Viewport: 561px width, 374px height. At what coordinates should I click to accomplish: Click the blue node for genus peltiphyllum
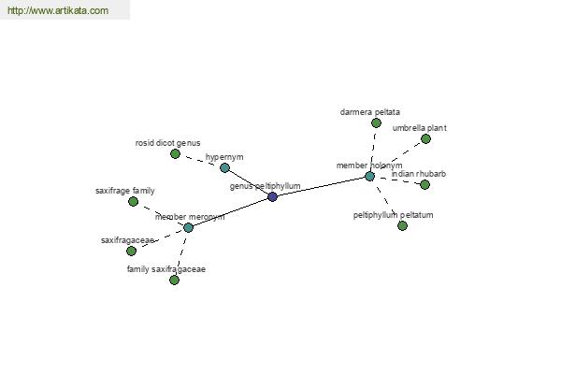[273, 196]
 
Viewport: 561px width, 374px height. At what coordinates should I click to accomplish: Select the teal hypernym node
[224, 167]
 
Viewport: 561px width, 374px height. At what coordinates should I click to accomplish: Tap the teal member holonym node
[369, 176]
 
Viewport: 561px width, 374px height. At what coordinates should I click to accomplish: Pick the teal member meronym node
[189, 227]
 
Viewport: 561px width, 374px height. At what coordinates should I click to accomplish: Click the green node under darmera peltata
[376, 123]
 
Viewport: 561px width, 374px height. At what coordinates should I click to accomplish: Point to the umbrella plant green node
[425, 139]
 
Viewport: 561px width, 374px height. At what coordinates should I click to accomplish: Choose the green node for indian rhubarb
[425, 185]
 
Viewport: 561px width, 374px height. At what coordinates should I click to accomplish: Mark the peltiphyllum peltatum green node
[402, 226]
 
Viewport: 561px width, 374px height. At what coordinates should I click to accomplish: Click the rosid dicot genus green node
[175, 154]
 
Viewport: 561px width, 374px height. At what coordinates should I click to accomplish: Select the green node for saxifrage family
[133, 202]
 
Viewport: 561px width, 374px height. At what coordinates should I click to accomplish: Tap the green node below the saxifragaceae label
[131, 252]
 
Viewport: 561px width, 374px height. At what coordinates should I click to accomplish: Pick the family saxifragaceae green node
[174, 280]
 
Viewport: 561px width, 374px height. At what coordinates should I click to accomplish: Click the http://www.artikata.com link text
[58, 10]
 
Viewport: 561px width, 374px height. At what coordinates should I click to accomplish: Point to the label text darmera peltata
[370, 112]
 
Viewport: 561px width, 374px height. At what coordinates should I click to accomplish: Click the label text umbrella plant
[419, 128]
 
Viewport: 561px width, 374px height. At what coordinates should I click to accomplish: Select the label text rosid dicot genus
[167, 143]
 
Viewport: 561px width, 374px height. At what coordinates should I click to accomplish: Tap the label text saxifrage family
[125, 191]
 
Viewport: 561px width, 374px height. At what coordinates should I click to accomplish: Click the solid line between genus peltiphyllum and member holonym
[321, 186]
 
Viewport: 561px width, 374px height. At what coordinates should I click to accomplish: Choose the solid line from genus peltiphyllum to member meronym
[231, 212]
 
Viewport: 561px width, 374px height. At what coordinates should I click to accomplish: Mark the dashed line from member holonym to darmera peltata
[373, 150]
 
